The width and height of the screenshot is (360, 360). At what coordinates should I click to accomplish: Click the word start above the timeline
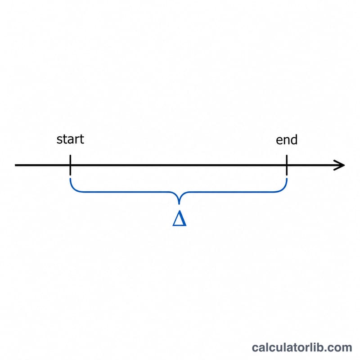click(70, 139)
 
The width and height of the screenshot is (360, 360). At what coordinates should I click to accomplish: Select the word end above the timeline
click(287, 140)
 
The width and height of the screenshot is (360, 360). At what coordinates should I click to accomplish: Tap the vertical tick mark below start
click(70, 165)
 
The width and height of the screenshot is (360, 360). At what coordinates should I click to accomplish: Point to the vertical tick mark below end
click(287, 165)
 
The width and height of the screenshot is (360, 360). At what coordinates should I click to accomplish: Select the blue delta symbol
click(179, 219)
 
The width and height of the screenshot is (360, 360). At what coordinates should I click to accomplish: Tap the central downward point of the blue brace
click(179, 203)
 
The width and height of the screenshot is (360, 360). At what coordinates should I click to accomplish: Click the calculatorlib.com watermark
click(301, 347)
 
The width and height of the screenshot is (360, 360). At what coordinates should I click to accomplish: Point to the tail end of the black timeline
click(15, 165)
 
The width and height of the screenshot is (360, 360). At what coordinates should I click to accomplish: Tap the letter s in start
click(59, 140)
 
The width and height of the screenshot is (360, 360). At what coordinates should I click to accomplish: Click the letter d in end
click(294, 140)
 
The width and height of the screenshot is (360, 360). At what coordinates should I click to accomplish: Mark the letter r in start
click(77, 140)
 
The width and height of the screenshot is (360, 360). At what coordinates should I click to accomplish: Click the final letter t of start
click(82, 139)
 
